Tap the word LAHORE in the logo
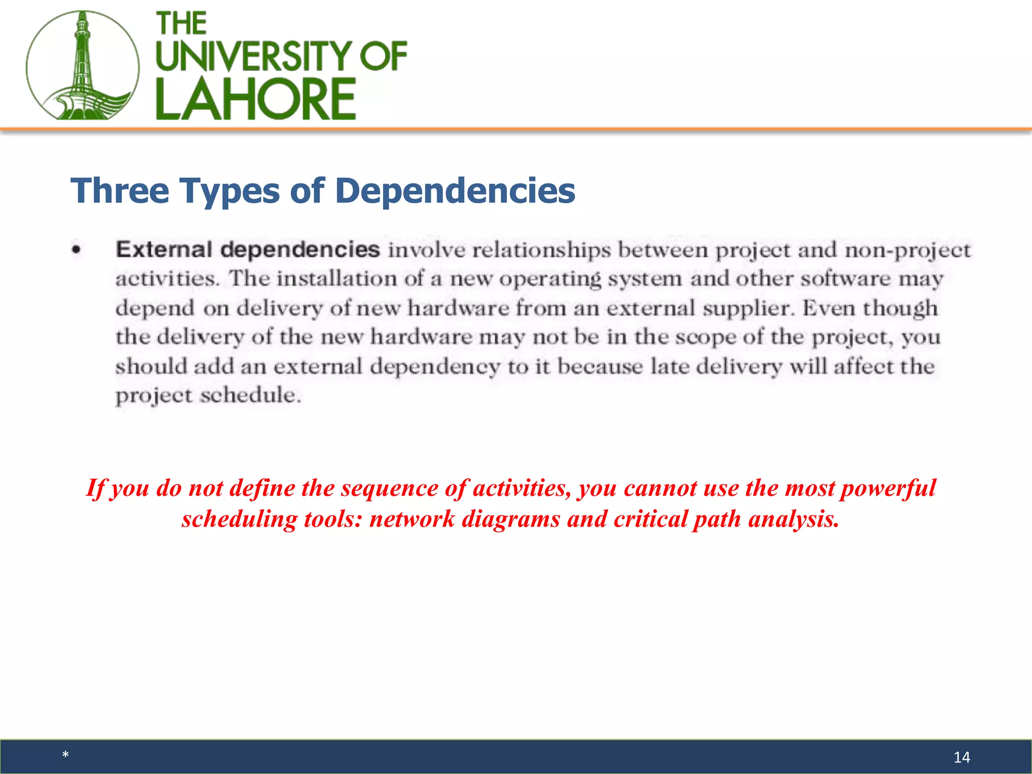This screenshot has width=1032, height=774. (x=255, y=99)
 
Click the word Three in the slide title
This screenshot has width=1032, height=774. (x=120, y=191)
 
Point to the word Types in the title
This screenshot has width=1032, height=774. (x=229, y=191)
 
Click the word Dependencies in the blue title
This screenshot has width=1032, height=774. (x=455, y=191)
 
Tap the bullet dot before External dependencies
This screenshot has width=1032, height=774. (x=76, y=249)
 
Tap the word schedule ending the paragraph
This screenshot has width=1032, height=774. (x=250, y=395)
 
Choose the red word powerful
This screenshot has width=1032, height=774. (x=888, y=488)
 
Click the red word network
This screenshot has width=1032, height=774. (x=412, y=519)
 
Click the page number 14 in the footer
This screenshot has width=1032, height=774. (x=961, y=757)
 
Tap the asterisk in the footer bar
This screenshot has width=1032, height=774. (x=66, y=755)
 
